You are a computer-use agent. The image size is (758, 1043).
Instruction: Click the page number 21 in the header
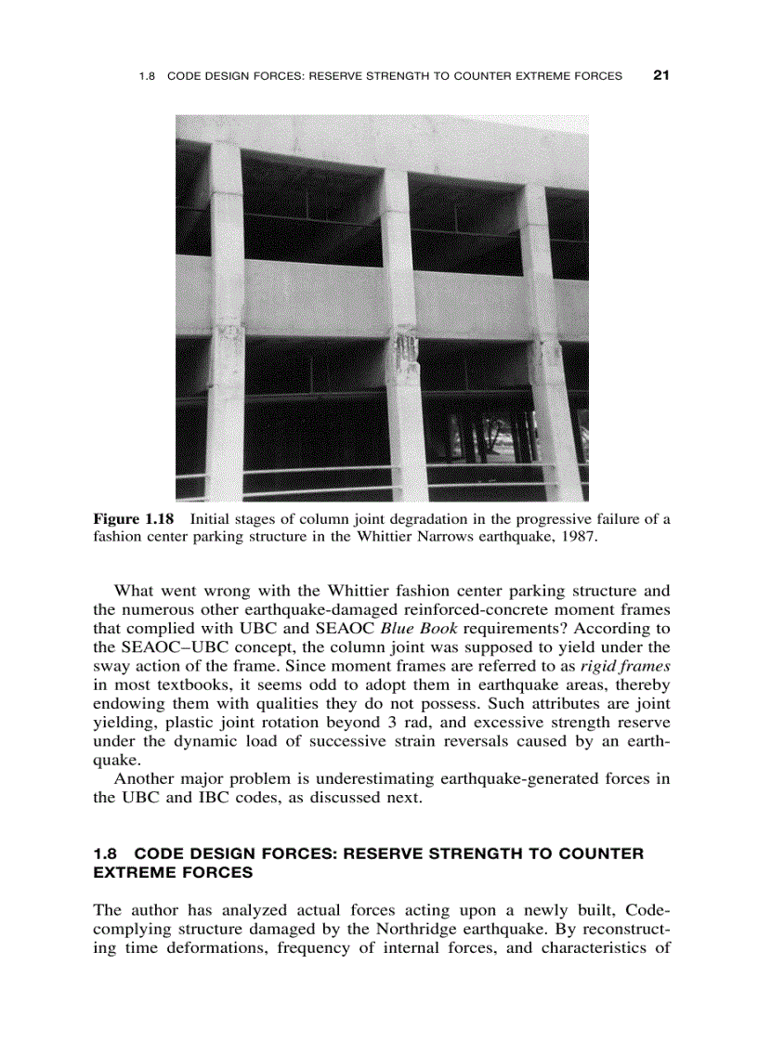[660, 75]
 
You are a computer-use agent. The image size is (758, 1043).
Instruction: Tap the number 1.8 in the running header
[146, 76]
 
